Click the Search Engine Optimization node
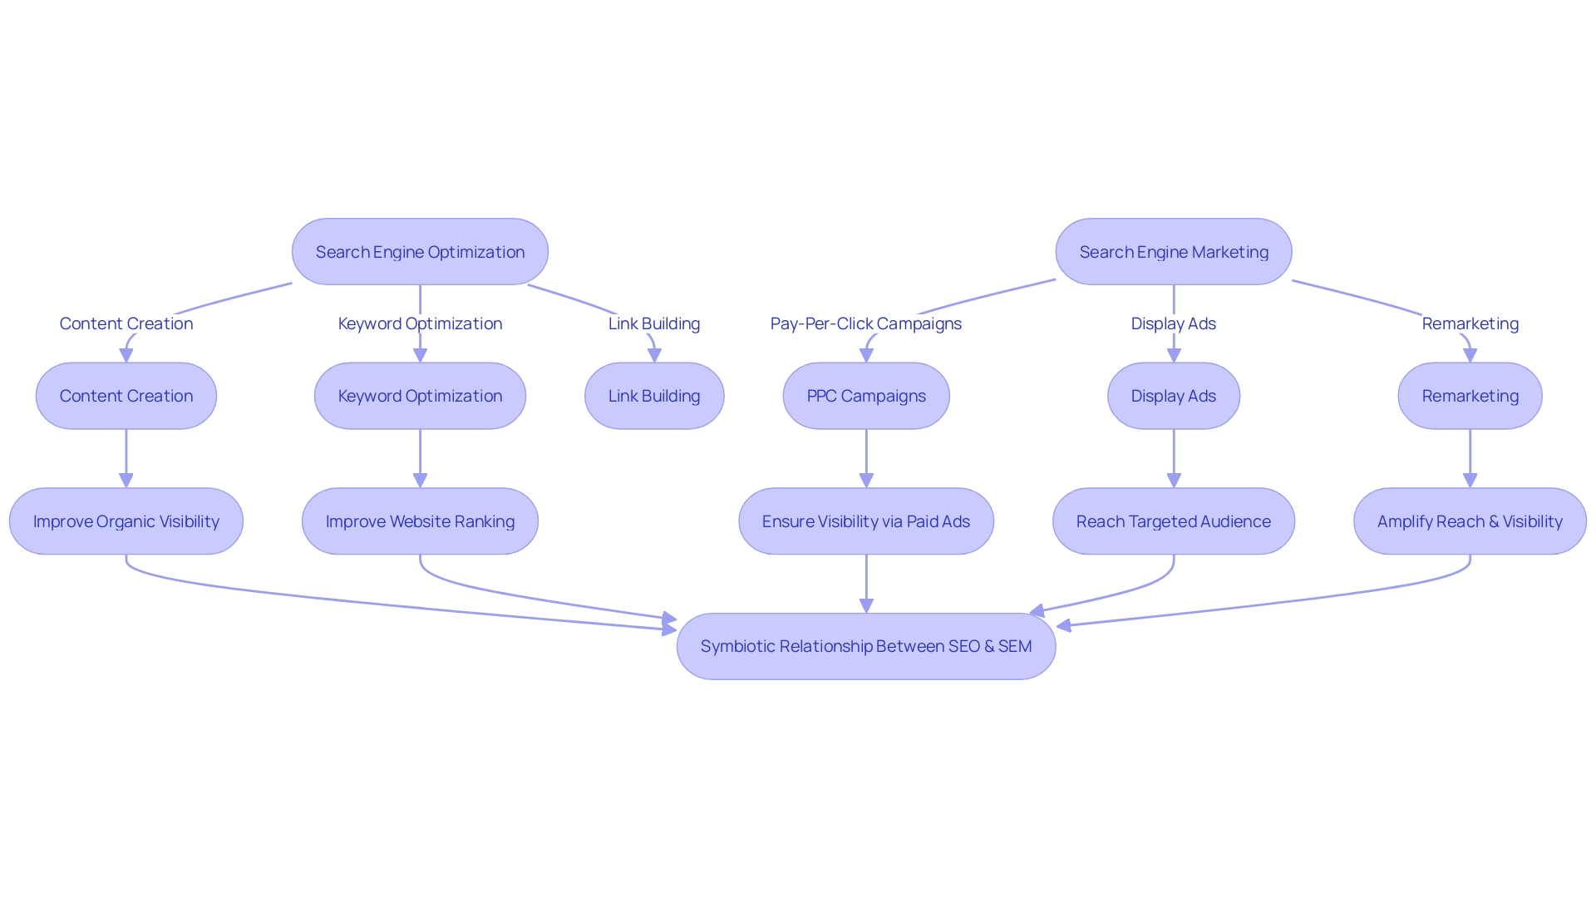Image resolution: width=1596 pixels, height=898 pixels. coord(420,252)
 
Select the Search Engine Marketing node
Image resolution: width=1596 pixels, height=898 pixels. coord(1173,252)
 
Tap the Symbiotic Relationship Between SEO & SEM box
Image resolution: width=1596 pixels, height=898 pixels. coord(865,646)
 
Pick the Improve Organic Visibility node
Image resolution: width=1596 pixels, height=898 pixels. coord(126,521)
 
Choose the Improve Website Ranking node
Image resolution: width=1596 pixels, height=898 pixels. coord(420,521)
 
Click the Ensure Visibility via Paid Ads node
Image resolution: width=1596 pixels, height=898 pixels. coord(865,521)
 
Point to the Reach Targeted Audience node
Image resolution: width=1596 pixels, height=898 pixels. coord(1173,521)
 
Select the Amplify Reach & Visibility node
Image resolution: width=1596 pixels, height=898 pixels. coord(1469,521)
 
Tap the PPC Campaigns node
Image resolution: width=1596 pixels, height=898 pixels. coord(865,396)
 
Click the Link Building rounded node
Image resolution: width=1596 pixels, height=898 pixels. coord(654,396)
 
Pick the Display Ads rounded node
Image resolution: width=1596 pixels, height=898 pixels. coord(1173,396)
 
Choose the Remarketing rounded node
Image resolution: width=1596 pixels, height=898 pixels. coord(1469,396)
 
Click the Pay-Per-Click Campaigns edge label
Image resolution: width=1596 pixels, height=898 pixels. coord(865,323)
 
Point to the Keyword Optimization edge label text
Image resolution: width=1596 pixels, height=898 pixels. coord(420,323)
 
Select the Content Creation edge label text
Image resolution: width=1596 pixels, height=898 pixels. coord(126,323)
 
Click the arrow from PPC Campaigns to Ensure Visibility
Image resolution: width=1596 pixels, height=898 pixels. coord(866,458)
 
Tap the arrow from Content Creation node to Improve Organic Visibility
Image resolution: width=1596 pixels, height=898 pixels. coord(126,458)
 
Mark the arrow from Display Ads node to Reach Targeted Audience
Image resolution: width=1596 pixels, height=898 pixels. coord(1174,458)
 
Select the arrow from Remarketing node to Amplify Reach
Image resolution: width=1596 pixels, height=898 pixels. coord(1470,458)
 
